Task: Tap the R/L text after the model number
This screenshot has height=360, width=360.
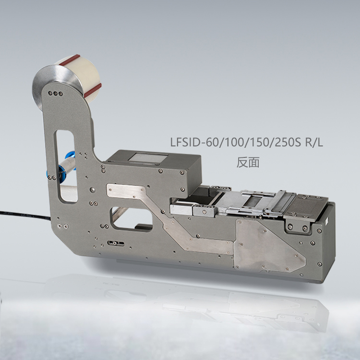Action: tap(315, 143)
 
